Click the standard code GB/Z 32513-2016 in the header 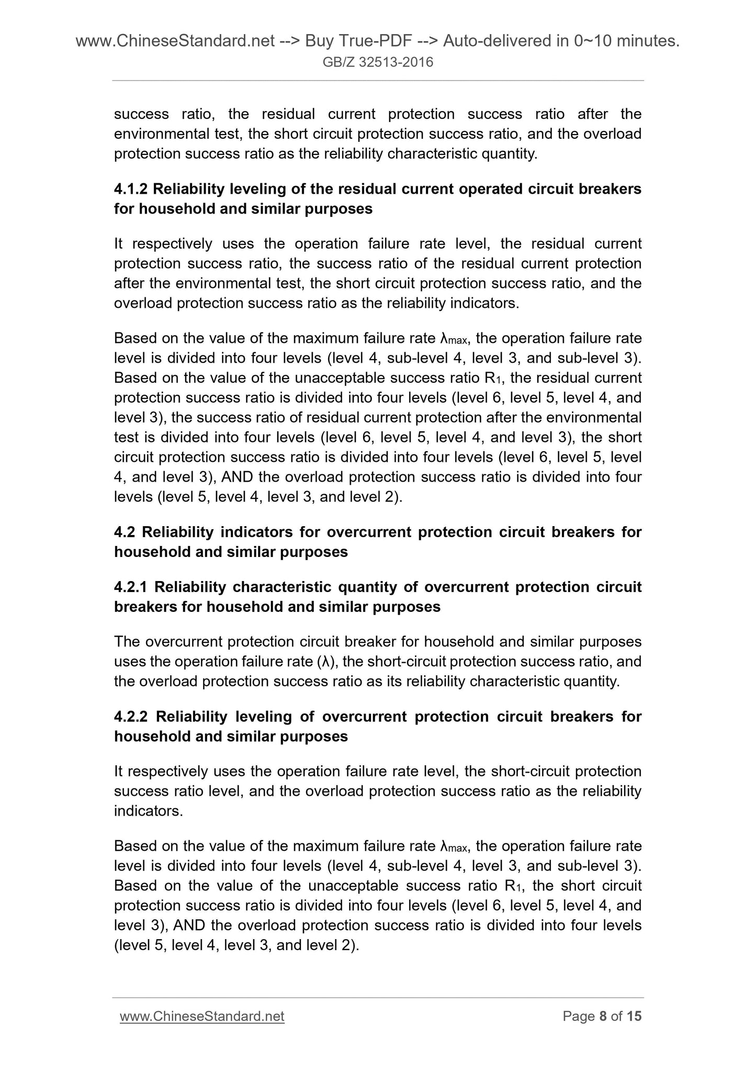coord(378,63)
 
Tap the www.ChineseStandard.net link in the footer coord(202,1016)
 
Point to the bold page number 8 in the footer coord(603,1016)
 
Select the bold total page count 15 coord(634,1016)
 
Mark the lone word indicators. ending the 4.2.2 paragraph coord(149,811)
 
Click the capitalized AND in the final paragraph coord(188,925)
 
